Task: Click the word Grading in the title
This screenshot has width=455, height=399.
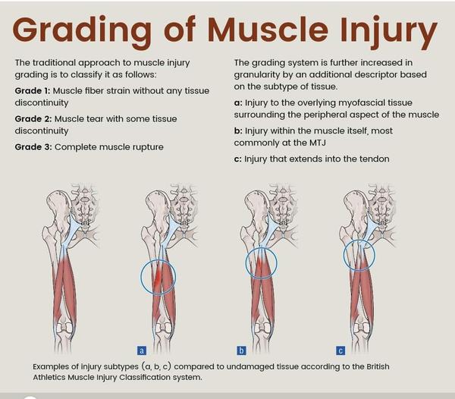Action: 82,30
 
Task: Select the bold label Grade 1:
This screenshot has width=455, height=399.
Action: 33,91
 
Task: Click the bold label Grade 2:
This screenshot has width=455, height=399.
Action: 33,119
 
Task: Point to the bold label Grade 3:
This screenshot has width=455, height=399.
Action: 33,147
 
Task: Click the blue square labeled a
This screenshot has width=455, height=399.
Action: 142,350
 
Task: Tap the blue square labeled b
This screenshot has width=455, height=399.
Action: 241,350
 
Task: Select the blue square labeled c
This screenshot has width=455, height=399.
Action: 340,350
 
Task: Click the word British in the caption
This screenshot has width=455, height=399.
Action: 378,366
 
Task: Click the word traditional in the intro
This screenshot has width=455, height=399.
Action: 54,63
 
